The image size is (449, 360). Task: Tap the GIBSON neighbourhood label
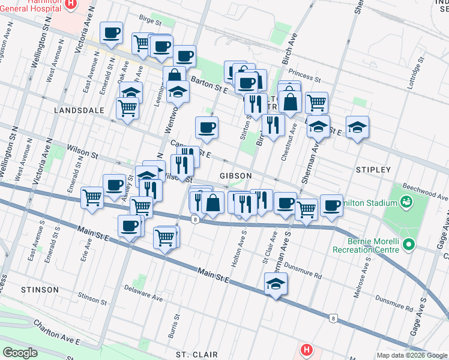click(235, 175)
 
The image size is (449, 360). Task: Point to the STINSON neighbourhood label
click(40, 290)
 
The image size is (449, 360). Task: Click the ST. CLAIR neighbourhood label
click(197, 355)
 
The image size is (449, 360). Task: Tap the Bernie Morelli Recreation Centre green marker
click(409, 244)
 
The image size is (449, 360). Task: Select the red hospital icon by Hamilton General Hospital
click(71, 4)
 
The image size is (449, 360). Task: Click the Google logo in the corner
click(20, 352)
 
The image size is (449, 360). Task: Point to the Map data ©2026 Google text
click(412, 355)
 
